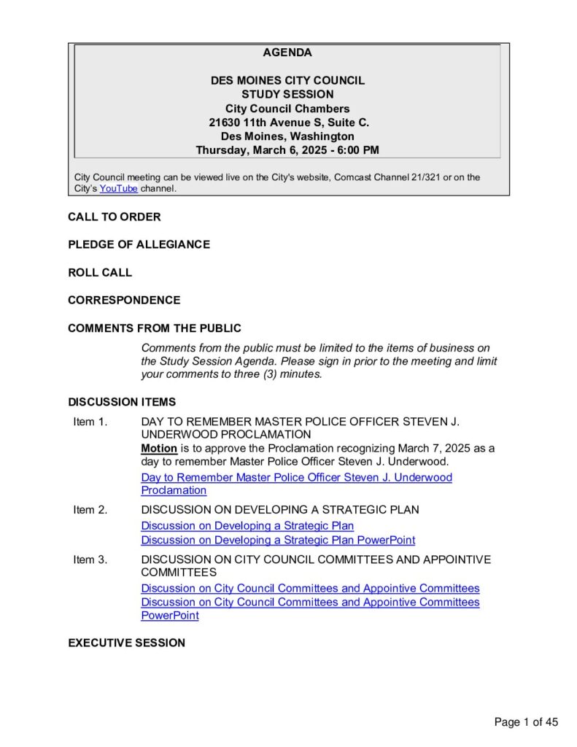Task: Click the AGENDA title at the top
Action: tap(287, 53)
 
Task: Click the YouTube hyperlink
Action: tap(118, 188)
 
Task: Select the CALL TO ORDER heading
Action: tap(115, 217)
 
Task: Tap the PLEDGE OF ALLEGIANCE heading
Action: tap(139, 244)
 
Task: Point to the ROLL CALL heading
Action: tap(100, 272)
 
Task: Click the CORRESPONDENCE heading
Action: tap(124, 300)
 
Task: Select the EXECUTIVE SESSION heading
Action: tap(126, 643)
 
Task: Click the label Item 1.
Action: tap(90, 422)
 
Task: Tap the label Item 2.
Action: tap(90, 510)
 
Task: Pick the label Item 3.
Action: tap(90, 560)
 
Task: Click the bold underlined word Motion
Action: tap(159, 448)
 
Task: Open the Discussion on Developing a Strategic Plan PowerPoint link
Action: tap(278, 541)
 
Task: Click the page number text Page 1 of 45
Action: tap(526, 722)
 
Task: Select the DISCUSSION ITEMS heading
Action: tap(122, 402)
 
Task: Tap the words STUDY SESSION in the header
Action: tap(287, 94)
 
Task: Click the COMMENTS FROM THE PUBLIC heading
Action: tap(155, 328)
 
